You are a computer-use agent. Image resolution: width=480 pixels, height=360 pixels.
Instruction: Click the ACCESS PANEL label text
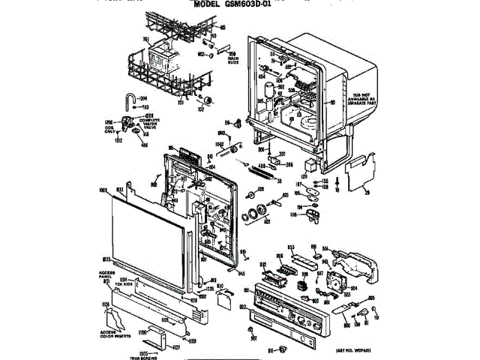[104, 274]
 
